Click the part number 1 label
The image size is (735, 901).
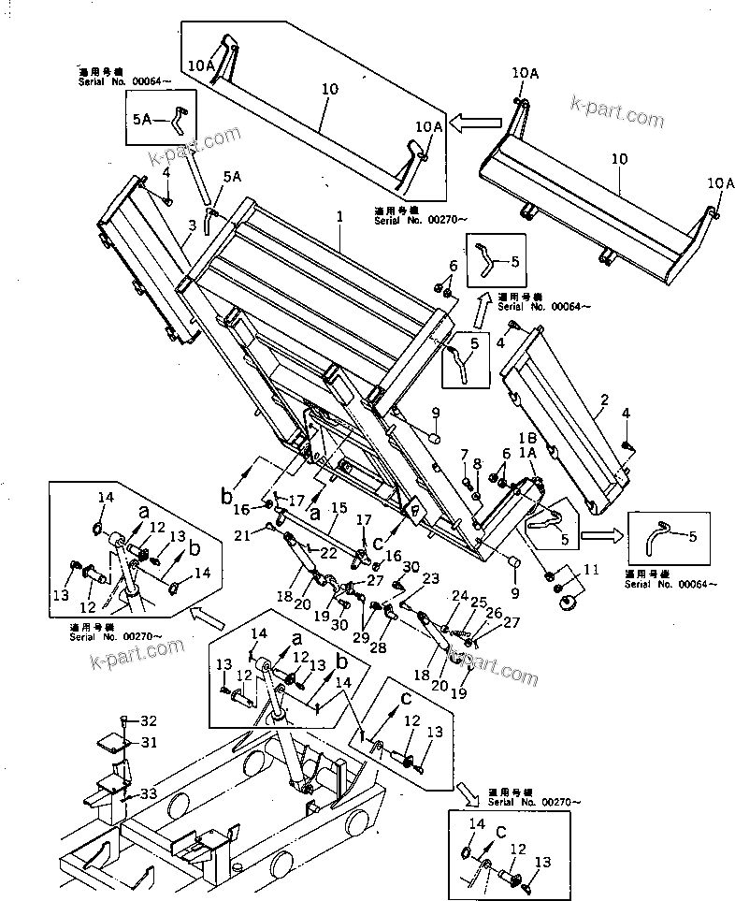(x=340, y=216)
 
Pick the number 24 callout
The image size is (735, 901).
(x=459, y=595)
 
